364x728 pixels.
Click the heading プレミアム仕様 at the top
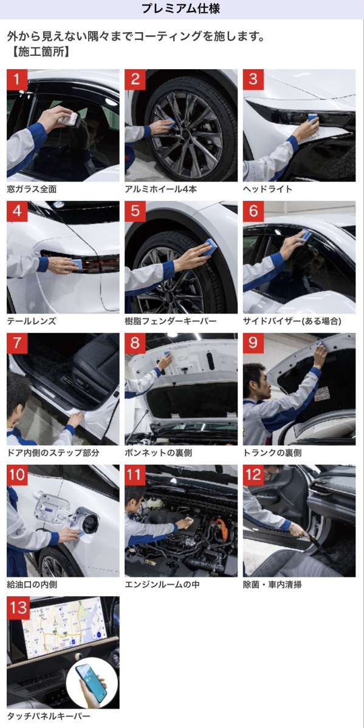coord(180,8)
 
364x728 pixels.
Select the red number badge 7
coord(17,343)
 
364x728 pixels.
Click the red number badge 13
coord(18,607)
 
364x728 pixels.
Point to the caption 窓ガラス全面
coord(32,189)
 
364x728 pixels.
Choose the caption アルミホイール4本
coord(161,189)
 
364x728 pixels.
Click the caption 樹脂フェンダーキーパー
coord(171,321)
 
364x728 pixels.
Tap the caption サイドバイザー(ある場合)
coord(292,321)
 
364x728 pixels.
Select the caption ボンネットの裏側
coord(159,453)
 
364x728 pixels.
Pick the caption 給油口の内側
coord(32,585)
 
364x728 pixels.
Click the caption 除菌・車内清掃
coord(272,585)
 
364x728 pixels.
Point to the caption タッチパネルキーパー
coord(49,716)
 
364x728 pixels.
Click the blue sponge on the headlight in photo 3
coord(312,118)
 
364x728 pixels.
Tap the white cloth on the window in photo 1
coord(69,119)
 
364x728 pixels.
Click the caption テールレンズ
coord(32,321)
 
